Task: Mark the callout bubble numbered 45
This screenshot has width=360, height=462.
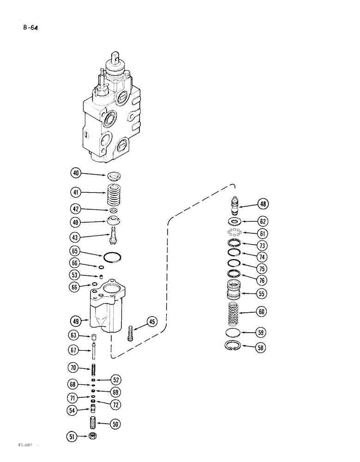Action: click(152, 322)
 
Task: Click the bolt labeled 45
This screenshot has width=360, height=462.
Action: click(131, 333)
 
